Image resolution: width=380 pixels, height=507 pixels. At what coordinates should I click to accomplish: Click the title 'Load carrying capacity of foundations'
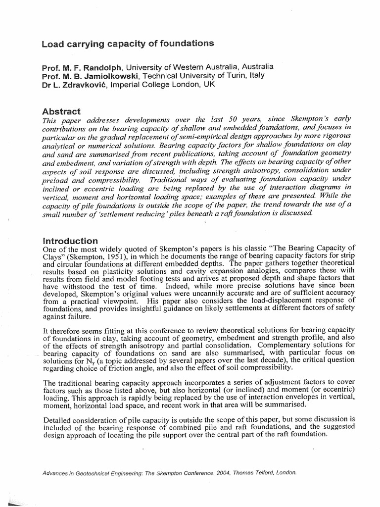128,44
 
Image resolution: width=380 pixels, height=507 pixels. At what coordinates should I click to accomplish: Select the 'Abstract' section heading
61,111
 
